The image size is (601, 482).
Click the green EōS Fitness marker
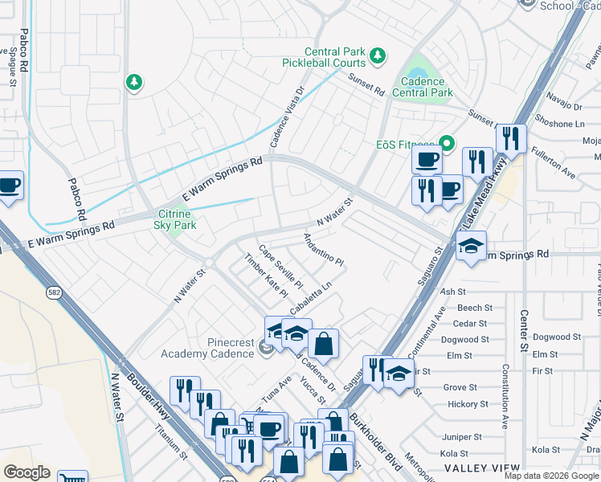447,145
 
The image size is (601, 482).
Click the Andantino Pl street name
323,251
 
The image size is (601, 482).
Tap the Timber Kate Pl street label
266,276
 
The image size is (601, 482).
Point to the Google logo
27,472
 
